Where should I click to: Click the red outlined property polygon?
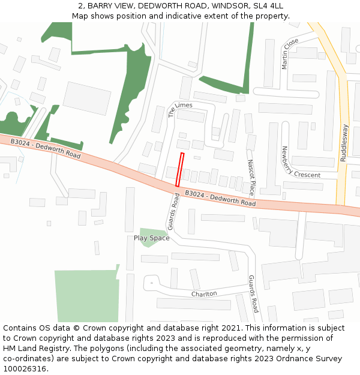179,169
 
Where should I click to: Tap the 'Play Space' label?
151,238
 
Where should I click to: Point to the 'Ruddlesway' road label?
344,143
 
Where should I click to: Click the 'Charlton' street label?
204,294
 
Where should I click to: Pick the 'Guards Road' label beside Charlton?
254,294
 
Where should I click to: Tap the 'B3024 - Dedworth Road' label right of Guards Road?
220,199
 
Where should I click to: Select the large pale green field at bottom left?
85,295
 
